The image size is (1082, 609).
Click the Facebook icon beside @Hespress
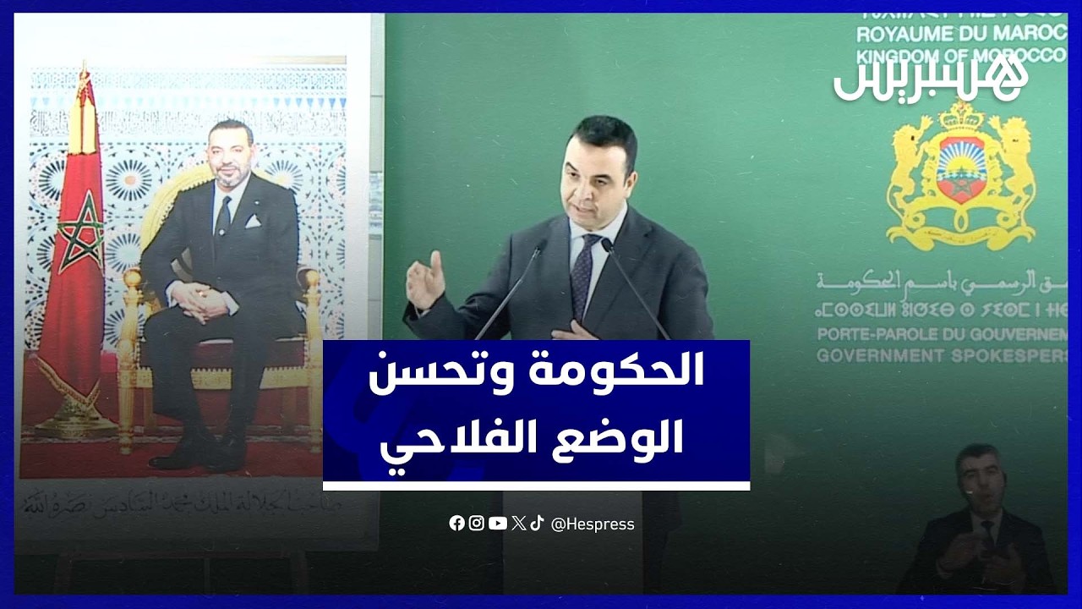tap(456, 524)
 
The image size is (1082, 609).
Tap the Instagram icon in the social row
tap(477, 524)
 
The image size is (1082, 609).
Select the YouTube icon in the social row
tap(498, 524)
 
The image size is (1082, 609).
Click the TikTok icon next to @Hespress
tap(538, 524)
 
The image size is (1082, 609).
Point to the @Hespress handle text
tap(593, 524)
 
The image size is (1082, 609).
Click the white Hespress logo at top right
tap(930, 81)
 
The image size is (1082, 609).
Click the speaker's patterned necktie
tap(582, 275)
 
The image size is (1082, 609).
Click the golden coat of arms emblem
tap(961, 173)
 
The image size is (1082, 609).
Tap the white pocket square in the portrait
tap(253, 221)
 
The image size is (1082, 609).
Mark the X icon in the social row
tap(518, 524)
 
